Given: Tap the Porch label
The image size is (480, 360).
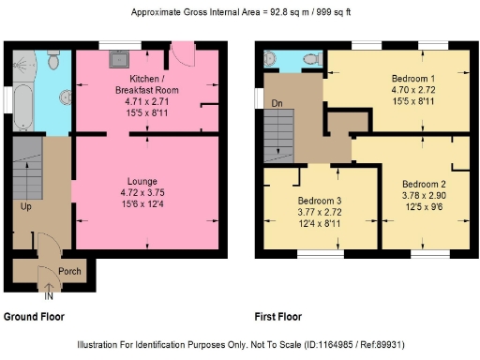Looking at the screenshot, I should coord(69,272).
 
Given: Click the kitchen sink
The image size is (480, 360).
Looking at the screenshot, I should coord(119,58).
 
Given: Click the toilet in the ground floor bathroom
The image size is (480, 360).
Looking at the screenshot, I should coord(54,62).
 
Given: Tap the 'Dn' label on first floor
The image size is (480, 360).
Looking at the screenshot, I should coord(276,103).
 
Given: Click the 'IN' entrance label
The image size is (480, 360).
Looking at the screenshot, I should coord(49,296).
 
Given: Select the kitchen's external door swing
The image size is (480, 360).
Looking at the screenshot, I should coord(187,57).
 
